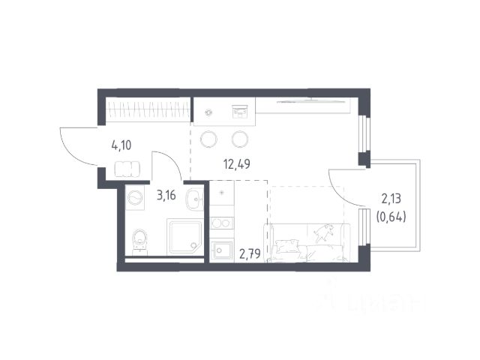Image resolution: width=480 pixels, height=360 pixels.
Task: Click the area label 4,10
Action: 121,145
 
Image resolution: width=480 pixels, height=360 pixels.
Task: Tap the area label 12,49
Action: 237,164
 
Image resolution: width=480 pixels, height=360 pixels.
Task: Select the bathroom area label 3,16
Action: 166,195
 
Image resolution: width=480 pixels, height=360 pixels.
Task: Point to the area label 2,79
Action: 250,253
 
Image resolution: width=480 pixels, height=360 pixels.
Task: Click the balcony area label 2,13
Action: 391,199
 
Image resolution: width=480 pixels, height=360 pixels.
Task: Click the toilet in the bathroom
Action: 139,241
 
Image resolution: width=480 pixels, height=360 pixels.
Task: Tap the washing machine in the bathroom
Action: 135,197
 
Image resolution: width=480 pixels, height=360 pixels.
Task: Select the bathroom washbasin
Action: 194,199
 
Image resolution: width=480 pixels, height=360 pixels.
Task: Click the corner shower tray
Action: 184,237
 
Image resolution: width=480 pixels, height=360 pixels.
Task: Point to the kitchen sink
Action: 222,251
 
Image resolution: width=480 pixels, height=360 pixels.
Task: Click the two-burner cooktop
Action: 222,223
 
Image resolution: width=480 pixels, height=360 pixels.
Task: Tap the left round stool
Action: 209,139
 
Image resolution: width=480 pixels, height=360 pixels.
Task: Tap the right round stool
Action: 240,139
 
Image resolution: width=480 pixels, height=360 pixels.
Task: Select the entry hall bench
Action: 127,169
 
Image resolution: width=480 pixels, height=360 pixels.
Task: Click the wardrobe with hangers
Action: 148,109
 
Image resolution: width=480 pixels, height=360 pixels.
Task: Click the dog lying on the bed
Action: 323,232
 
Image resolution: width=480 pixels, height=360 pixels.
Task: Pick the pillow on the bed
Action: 287,246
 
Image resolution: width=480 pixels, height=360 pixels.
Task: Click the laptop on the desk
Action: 240,112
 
